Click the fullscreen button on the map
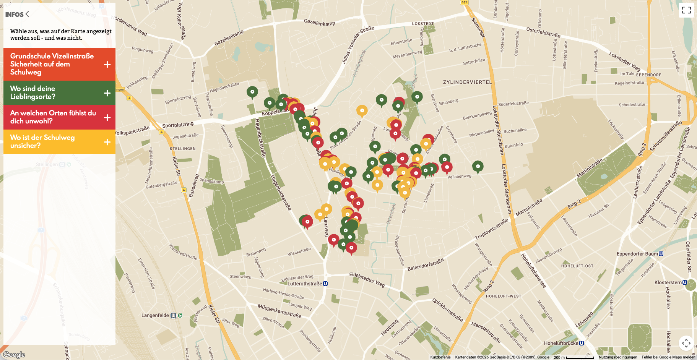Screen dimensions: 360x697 pyautogui.click(x=686, y=10)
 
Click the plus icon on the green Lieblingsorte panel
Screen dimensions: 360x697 pyautogui.click(x=107, y=93)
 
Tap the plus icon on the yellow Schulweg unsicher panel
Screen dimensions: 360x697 pyautogui.click(x=107, y=142)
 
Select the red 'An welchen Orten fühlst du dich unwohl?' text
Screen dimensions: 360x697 pyautogui.click(x=53, y=117)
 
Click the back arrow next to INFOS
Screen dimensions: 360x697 pyautogui.click(x=27, y=14)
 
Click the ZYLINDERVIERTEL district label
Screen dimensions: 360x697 pyautogui.click(x=467, y=82)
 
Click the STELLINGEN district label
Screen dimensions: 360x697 pyautogui.click(x=183, y=149)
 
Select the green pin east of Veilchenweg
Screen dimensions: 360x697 pyautogui.click(x=478, y=166)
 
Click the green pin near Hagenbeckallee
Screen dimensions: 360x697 pyautogui.click(x=252, y=92)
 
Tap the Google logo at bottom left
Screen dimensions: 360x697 pyautogui.click(x=14, y=355)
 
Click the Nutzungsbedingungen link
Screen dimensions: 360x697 pyautogui.click(x=618, y=357)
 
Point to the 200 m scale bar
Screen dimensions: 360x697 pyautogui.click(x=574, y=357)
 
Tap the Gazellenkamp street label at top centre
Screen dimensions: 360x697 pyautogui.click(x=319, y=23)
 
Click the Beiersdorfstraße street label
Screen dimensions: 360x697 pyautogui.click(x=425, y=264)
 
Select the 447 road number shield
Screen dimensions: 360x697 pyautogui.click(x=464, y=2)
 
